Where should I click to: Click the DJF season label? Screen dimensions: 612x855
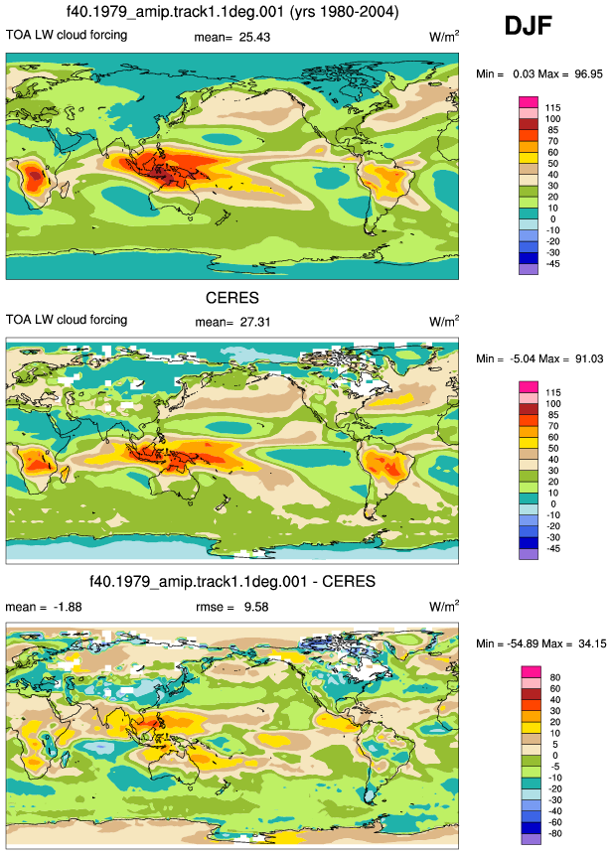(x=528, y=26)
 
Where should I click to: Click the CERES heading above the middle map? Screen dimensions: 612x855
(x=231, y=298)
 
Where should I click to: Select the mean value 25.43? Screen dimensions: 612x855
(x=254, y=37)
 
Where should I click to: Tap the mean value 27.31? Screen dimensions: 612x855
(x=255, y=323)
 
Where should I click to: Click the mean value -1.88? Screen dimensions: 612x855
(x=68, y=607)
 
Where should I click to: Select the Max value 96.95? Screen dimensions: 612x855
(x=588, y=74)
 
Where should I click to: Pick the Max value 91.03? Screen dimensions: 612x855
(x=589, y=358)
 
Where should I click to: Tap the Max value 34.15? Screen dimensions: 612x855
(x=592, y=643)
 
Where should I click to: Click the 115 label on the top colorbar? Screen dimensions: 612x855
(x=552, y=108)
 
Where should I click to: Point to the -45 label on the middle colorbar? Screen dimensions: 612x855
(x=552, y=548)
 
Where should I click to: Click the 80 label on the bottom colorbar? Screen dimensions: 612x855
(x=555, y=677)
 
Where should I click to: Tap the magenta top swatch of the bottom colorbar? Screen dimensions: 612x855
(x=531, y=671)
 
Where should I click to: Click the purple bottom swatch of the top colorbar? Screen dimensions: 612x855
(x=529, y=269)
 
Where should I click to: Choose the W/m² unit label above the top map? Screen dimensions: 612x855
(x=444, y=37)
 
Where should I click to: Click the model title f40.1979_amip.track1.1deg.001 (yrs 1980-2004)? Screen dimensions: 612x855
(x=232, y=12)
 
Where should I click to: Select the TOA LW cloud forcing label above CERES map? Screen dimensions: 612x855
(x=67, y=320)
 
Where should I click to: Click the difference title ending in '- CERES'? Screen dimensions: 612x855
(x=232, y=581)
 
